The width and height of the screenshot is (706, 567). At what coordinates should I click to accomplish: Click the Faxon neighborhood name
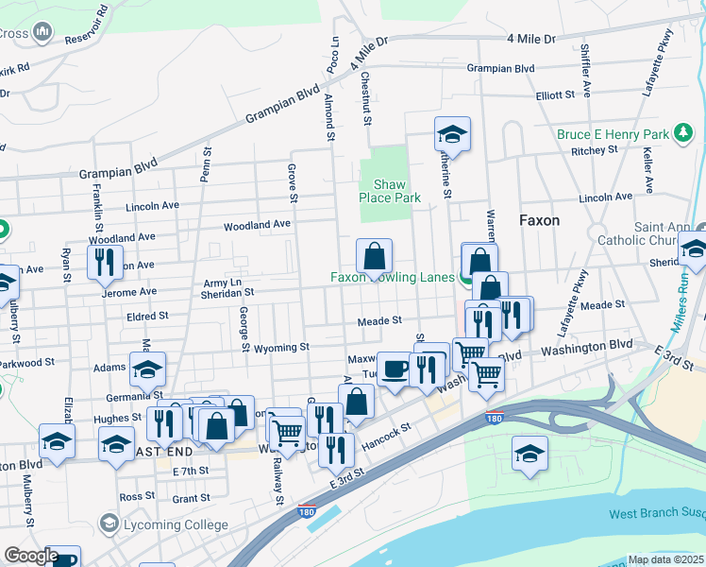(539, 220)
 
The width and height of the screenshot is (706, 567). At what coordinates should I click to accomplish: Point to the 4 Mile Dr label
(531, 39)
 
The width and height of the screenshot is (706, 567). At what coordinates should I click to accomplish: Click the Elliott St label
(555, 95)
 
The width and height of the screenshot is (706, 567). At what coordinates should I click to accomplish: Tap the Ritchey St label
(594, 150)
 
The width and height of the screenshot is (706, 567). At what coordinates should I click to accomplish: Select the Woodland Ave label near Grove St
(257, 226)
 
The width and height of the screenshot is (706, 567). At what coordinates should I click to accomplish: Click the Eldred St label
(149, 316)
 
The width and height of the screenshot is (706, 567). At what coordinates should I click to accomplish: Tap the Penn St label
(206, 164)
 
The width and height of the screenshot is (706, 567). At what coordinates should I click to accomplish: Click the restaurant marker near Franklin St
(104, 262)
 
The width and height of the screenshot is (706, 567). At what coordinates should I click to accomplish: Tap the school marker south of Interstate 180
(529, 453)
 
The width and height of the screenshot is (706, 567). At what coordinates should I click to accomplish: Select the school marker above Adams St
(148, 370)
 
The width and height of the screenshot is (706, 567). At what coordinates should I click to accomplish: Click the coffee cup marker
(394, 368)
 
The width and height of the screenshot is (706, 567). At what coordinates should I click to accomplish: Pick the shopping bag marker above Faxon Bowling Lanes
(375, 255)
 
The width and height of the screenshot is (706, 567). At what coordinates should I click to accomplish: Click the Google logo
(31, 557)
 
